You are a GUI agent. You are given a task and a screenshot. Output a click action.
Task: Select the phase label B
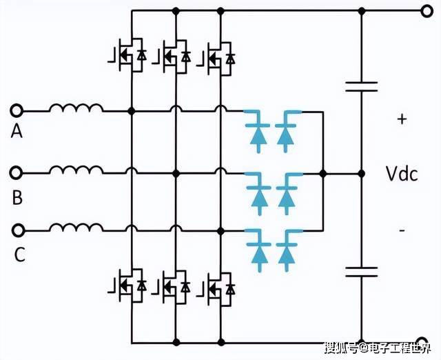click(17, 198)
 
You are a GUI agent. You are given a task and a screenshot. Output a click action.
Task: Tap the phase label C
click(19, 254)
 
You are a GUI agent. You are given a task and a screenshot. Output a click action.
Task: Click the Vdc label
click(401, 174)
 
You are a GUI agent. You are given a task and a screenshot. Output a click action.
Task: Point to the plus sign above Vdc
click(402, 119)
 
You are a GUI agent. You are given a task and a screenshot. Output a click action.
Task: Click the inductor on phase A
click(76, 109)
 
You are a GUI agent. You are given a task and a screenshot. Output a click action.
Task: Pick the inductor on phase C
click(76, 228)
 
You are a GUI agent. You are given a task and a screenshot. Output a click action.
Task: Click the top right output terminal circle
click(425, 10)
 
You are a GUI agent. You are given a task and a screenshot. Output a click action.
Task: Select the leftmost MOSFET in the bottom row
click(126, 285)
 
